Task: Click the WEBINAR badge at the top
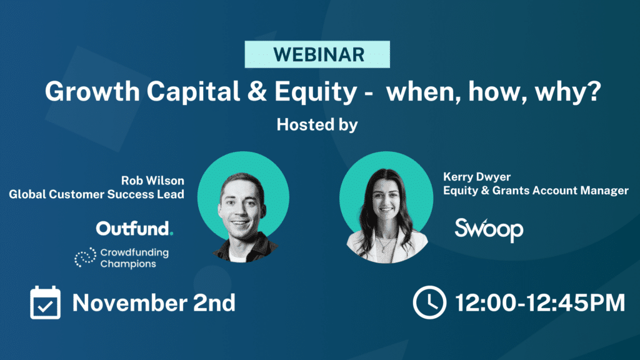click(x=317, y=54)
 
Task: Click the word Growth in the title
click(x=92, y=91)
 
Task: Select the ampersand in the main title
click(x=257, y=91)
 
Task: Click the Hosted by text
click(x=317, y=125)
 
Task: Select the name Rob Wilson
click(x=152, y=181)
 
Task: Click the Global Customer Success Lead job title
click(x=97, y=194)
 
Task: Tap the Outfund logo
click(x=134, y=229)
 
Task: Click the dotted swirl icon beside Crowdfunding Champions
click(x=85, y=257)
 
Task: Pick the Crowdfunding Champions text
click(x=134, y=258)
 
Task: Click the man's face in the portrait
click(x=242, y=208)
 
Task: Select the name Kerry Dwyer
click(x=477, y=177)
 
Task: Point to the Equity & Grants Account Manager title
click(x=536, y=190)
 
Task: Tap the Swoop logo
click(x=489, y=229)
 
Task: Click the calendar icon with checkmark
click(x=45, y=302)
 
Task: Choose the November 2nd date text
click(x=154, y=303)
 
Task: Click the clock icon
click(x=429, y=302)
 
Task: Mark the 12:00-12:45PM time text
click(x=539, y=303)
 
